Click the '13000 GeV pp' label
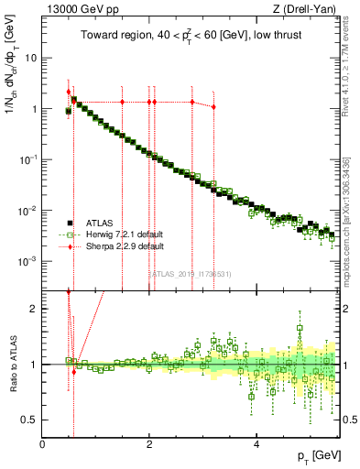point(74,10)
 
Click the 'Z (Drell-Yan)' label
point(307,10)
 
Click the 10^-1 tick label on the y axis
point(27,160)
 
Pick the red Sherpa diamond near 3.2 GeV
point(213,107)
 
